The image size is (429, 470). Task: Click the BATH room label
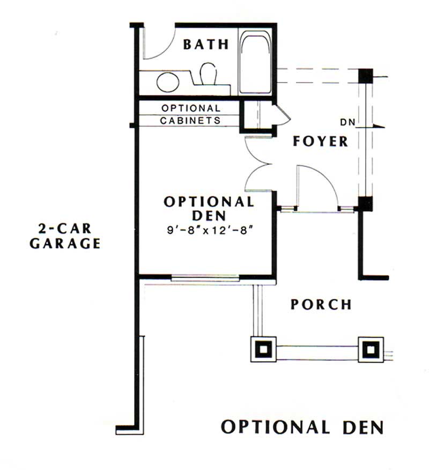pyautogui.click(x=206, y=44)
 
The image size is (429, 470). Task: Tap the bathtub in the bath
pyautogui.click(x=255, y=63)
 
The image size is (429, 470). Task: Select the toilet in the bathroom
pyautogui.click(x=208, y=74)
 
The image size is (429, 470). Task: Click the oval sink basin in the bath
pyautogui.click(x=168, y=82)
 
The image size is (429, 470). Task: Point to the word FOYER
pyautogui.click(x=321, y=141)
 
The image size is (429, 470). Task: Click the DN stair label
pyautogui.click(x=349, y=122)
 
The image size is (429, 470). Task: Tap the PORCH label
pyautogui.click(x=321, y=305)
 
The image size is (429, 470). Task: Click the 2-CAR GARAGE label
pyautogui.click(x=65, y=236)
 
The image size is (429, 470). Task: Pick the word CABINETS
pyautogui.click(x=190, y=120)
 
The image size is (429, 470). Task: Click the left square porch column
pyautogui.click(x=263, y=349)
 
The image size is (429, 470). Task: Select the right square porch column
pyautogui.click(x=370, y=349)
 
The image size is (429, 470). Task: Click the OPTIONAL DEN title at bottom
pyautogui.click(x=302, y=427)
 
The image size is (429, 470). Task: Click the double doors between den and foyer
pyautogui.click(x=260, y=164)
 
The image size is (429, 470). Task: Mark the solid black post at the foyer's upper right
pyautogui.click(x=366, y=76)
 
